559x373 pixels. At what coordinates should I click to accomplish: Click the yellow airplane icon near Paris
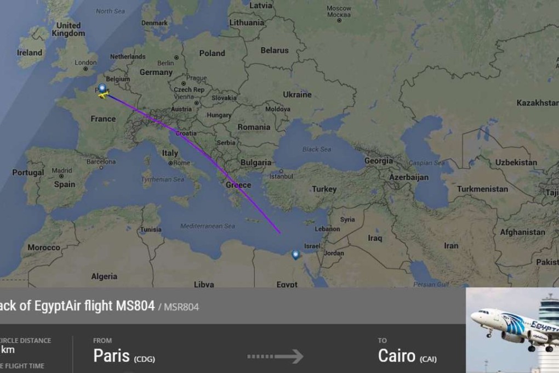pos(101,96)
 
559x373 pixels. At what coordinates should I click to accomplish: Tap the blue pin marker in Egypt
pos(296,255)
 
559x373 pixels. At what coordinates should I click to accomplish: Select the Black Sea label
pos(317,149)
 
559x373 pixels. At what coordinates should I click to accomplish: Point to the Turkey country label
pos(324,189)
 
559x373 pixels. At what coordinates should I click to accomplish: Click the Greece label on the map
pos(238,185)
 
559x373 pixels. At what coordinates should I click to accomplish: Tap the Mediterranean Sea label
pos(208,226)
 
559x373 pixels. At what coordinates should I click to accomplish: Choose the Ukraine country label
pos(297,94)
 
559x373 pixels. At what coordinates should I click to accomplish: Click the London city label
pos(85,63)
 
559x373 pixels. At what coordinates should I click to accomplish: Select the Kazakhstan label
pos(537,103)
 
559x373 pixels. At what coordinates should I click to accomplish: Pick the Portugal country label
pos(28,172)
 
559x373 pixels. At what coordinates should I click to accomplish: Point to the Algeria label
pos(104,276)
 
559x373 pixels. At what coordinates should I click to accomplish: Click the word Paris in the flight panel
pos(111,355)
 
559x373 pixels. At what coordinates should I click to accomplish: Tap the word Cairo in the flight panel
pos(397,355)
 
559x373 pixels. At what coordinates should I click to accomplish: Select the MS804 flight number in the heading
pos(135,306)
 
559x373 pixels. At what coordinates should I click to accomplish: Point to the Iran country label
pos(451,246)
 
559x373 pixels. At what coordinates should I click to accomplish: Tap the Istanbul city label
pos(281,176)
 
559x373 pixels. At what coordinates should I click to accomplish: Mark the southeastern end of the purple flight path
pos(279,233)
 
